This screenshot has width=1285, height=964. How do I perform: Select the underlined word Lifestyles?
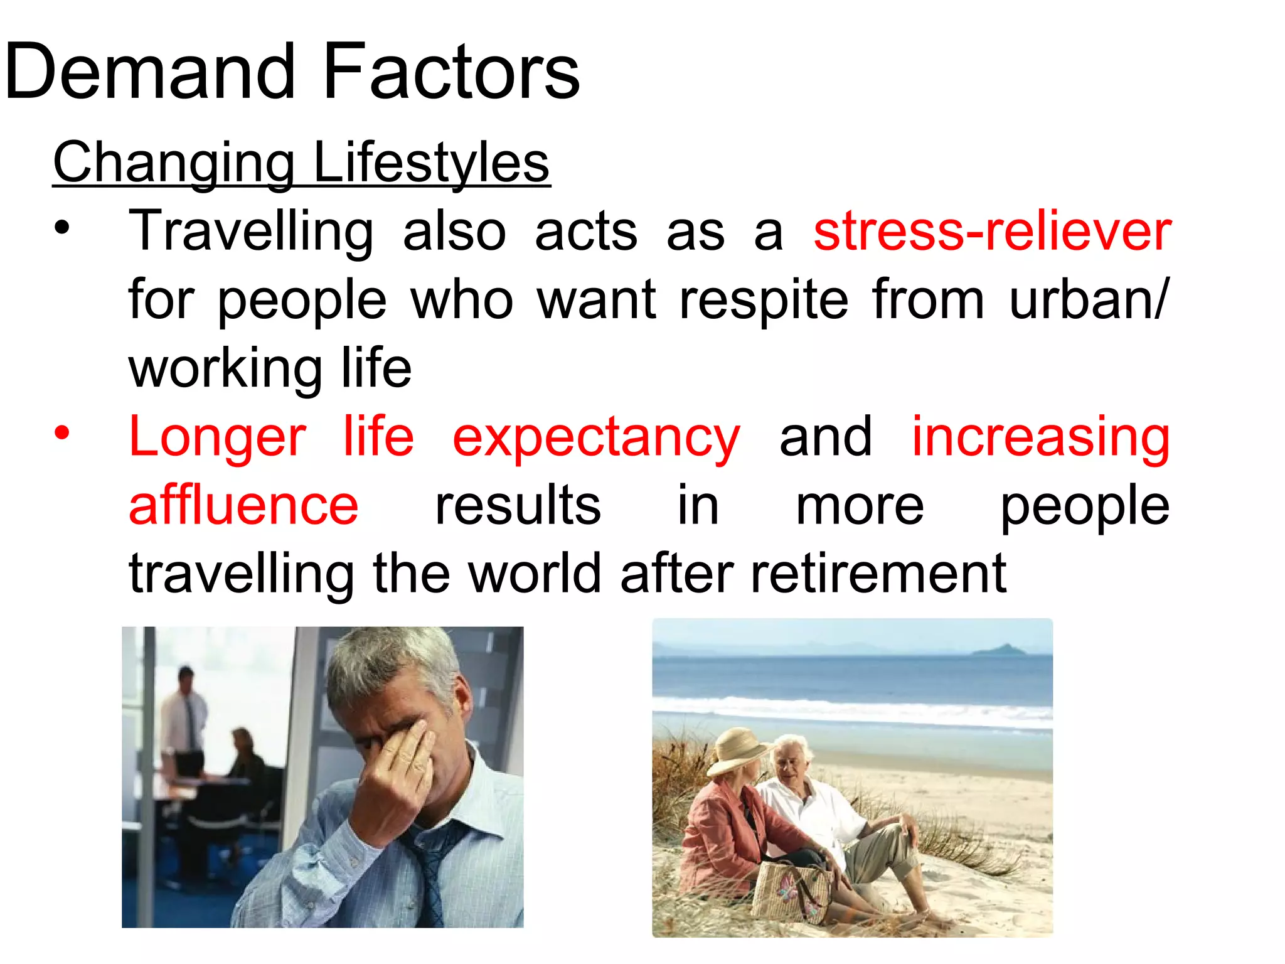431,163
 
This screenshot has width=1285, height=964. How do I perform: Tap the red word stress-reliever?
992,231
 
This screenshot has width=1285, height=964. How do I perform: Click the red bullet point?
61,433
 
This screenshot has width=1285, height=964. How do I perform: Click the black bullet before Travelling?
61,228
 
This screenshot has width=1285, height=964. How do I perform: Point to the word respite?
764,300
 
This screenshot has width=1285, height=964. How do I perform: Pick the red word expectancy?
596,438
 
